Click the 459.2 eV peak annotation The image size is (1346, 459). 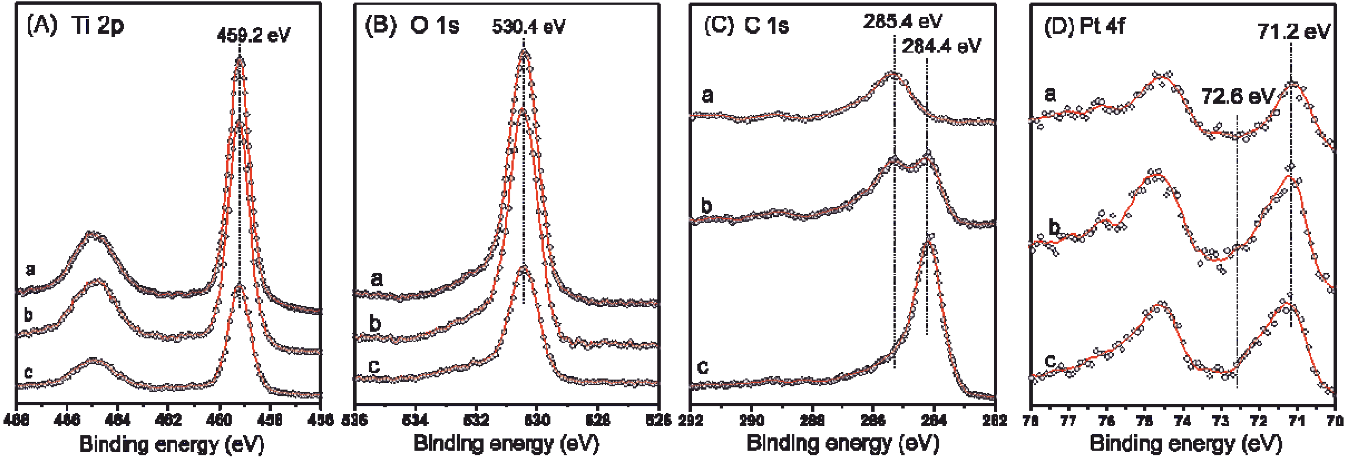(x=253, y=36)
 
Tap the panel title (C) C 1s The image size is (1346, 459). (x=747, y=25)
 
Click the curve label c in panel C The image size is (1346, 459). (x=703, y=367)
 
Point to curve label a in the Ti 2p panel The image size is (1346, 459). (x=30, y=269)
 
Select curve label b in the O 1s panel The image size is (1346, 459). (x=375, y=324)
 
